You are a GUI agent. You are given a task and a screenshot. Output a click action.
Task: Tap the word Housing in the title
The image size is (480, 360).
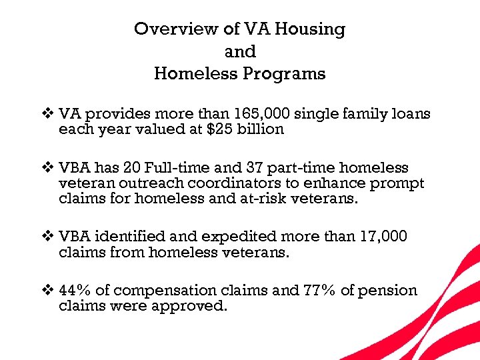pyautogui.click(x=311, y=29)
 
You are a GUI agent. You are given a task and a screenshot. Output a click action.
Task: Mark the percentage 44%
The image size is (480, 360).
pyautogui.click(x=75, y=291)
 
